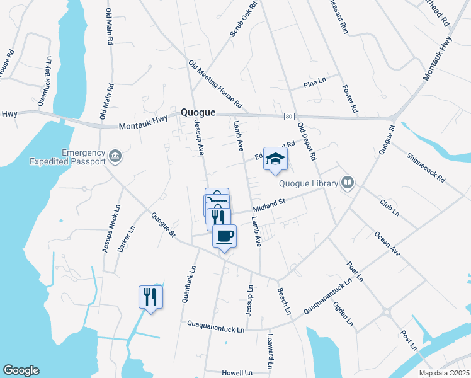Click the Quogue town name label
pos(198,112)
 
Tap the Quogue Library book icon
pos(348,183)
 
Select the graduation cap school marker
pos(275,159)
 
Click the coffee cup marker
pos(225,236)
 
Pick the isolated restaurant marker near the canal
pos(150,296)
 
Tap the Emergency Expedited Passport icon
pos(115,155)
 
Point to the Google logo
pos(21,370)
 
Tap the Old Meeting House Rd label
pos(215,84)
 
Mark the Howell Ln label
pos(237,373)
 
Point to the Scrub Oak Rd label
pos(244,19)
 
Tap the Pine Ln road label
pos(314,83)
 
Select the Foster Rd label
pos(350,99)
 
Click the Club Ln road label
pos(390,208)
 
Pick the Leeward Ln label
pos(270,352)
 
